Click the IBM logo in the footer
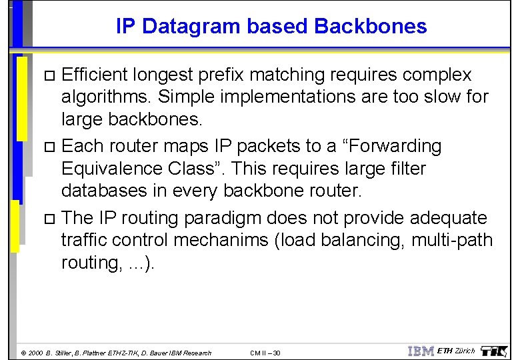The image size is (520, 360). [421, 351]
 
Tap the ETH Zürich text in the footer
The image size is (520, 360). [456, 351]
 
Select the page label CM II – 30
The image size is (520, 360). [265, 353]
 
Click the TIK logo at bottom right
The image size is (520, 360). [494, 351]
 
